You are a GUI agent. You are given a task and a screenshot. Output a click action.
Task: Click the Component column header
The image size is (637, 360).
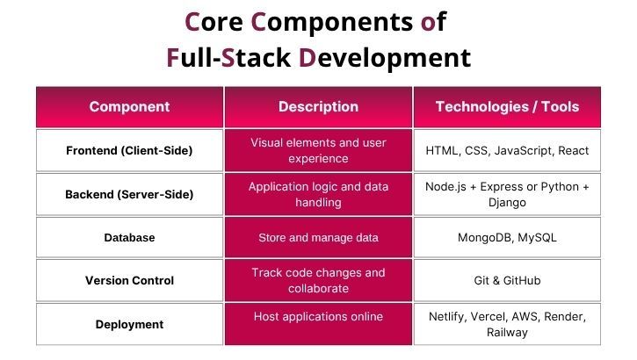[129, 107]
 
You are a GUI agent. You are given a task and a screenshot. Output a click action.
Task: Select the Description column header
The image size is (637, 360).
[318, 107]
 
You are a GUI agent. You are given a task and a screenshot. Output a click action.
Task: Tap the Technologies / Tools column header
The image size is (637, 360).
[507, 107]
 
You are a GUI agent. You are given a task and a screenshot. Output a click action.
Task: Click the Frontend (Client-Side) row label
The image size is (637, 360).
[129, 150]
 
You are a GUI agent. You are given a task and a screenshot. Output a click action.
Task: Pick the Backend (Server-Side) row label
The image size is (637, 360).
[129, 194]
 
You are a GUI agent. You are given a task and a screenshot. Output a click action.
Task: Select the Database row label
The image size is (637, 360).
[129, 237]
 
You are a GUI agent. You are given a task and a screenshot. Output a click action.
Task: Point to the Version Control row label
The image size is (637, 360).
[129, 281]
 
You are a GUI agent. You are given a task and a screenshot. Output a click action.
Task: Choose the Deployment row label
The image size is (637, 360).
[129, 324]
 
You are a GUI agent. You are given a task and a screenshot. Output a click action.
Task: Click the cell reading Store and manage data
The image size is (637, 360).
[318, 237]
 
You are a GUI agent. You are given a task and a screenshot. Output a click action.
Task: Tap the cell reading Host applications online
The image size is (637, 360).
[318, 316]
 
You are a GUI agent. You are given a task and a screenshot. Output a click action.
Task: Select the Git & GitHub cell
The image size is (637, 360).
[507, 281]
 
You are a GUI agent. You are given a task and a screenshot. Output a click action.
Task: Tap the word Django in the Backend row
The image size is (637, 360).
[507, 202]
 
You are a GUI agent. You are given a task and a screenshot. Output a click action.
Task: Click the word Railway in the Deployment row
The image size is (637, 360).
[507, 333]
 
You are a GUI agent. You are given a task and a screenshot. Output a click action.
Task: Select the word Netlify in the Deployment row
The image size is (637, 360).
[450, 316]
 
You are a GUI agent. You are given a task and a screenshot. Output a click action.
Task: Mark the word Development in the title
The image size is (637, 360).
[385, 58]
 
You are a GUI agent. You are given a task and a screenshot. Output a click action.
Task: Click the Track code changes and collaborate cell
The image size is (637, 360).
[318, 281]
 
